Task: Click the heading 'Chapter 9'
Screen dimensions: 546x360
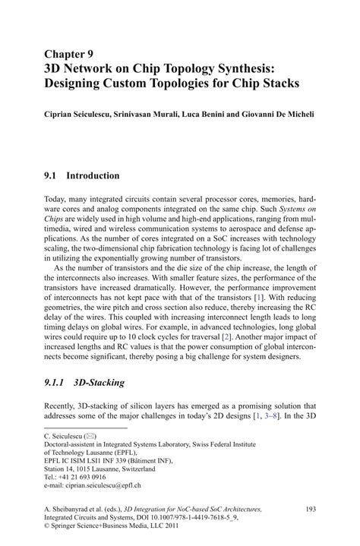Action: pos(70,53)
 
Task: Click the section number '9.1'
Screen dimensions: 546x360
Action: pos(52,176)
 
